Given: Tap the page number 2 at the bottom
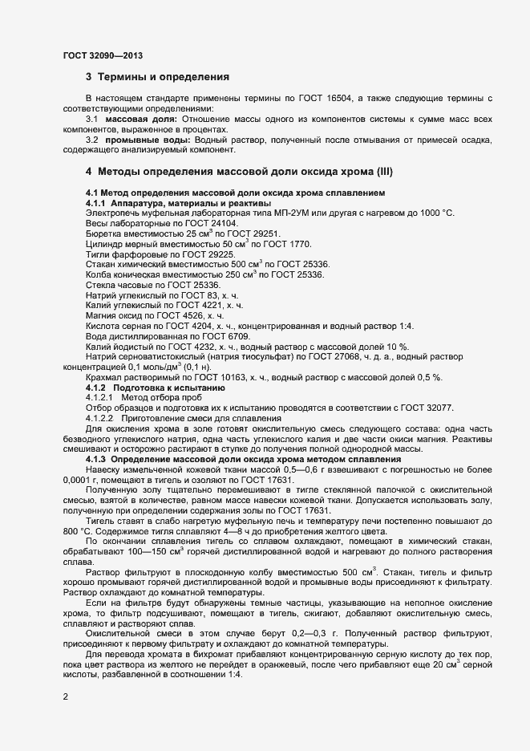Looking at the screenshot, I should [66, 696].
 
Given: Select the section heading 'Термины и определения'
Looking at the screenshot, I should [164, 78].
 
